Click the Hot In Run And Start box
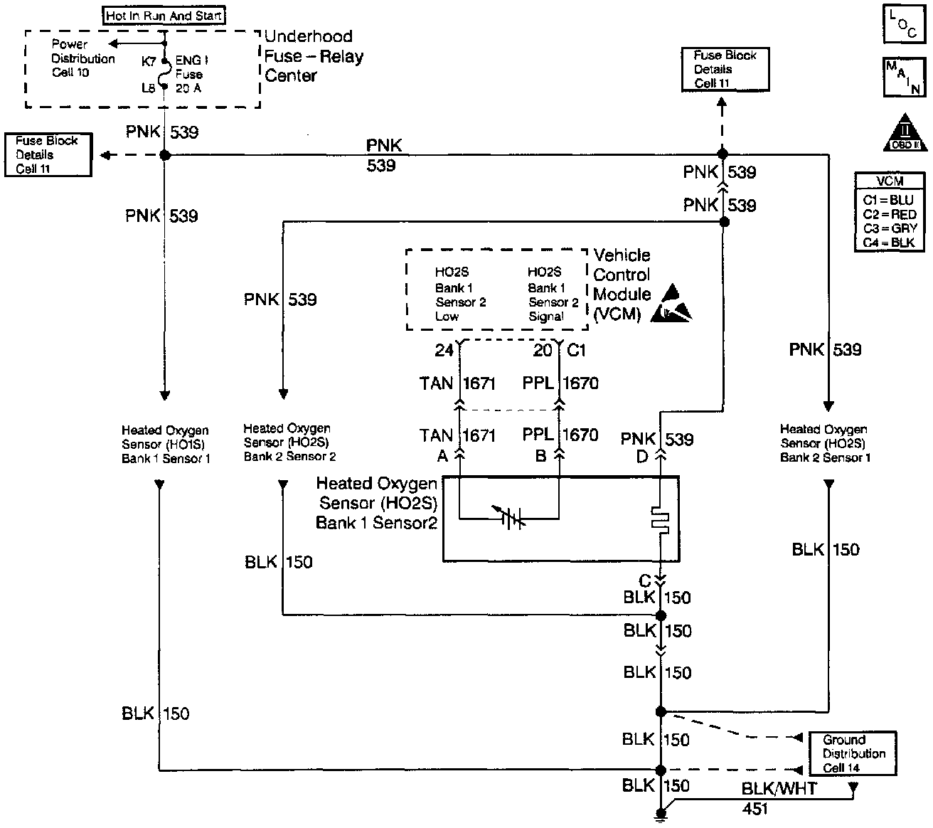pos(165,16)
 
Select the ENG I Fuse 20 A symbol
pos(165,74)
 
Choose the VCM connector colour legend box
pos(890,211)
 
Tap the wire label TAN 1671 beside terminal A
pos(457,435)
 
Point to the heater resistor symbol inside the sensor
pos(661,519)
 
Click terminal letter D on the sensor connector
pos(642,457)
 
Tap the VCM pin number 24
pos(444,350)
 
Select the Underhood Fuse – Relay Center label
pos(314,56)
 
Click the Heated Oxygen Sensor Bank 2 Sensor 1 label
pos(825,443)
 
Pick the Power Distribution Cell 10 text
pos(82,58)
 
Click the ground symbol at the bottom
pos(661,815)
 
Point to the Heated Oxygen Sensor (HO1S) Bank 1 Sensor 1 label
pos(166,445)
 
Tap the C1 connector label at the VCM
pos(576,350)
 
